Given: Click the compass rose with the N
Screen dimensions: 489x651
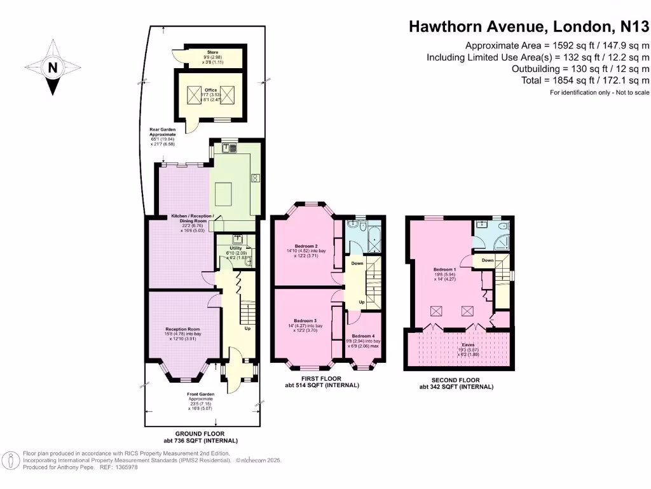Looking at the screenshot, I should (x=53, y=67).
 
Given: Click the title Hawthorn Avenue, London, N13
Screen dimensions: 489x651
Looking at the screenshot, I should (x=528, y=27).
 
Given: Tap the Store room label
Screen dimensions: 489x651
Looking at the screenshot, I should (x=212, y=53).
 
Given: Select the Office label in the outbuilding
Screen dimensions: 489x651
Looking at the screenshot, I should (x=212, y=90).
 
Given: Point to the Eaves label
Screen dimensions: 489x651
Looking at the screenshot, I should (x=459, y=344).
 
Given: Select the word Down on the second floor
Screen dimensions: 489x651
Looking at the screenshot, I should (x=488, y=260).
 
